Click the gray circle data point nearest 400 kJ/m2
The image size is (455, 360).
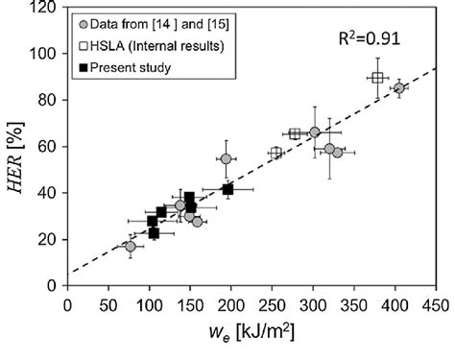[x=399, y=88]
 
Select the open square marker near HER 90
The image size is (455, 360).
[x=377, y=78]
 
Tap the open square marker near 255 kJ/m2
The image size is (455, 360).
[x=275, y=153]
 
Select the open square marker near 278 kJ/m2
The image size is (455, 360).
[x=295, y=134]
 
